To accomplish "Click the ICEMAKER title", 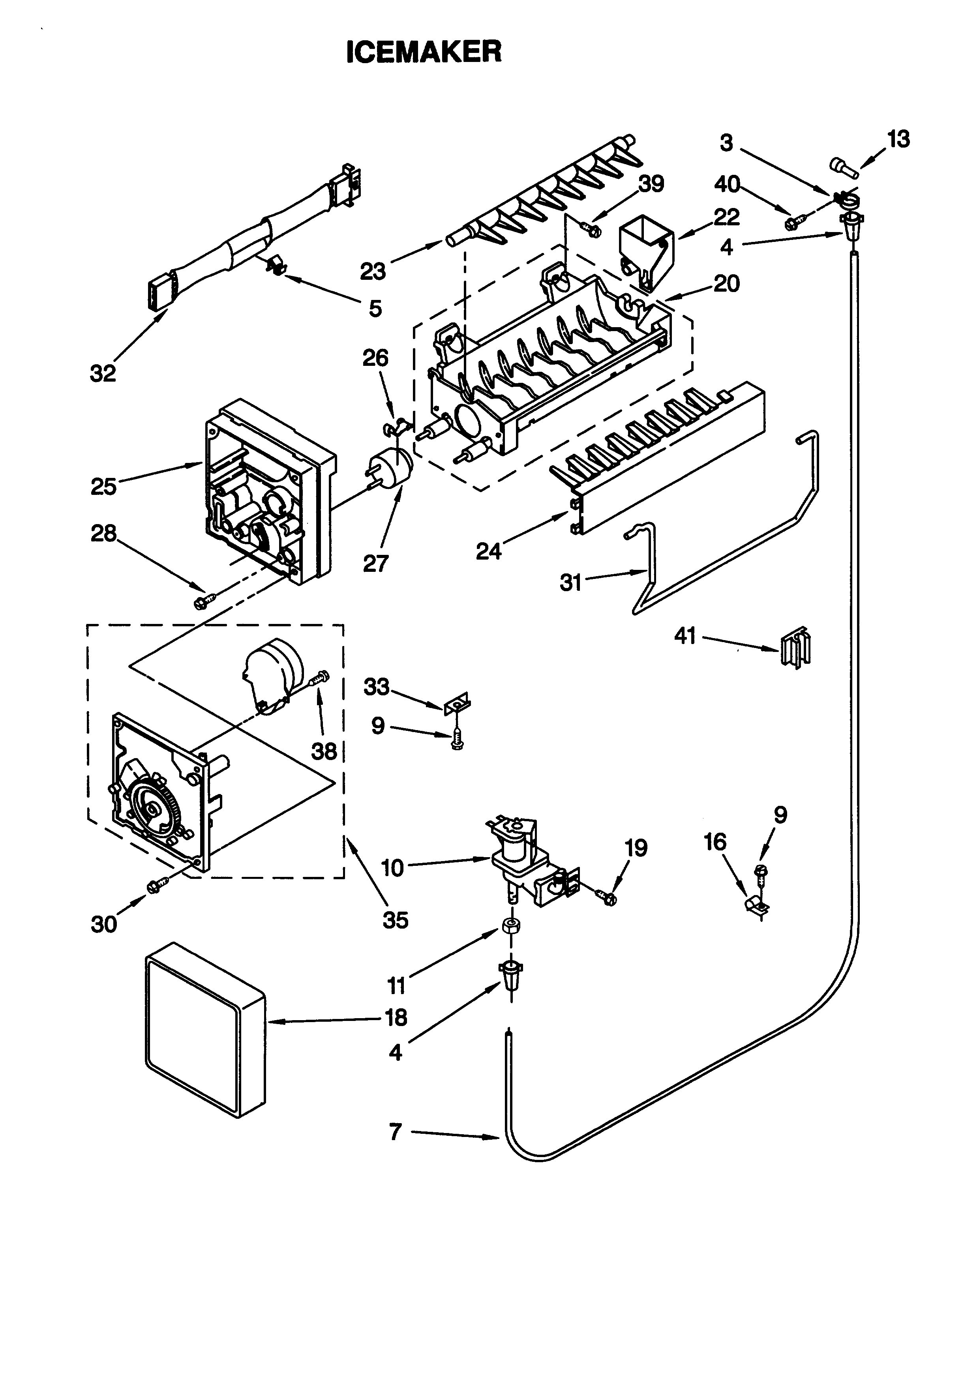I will click(424, 52).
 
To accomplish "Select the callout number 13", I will click(898, 139).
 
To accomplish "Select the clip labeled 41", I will click(795, 649).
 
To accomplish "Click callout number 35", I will click(396, 920).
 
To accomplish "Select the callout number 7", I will click(396, 1132).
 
